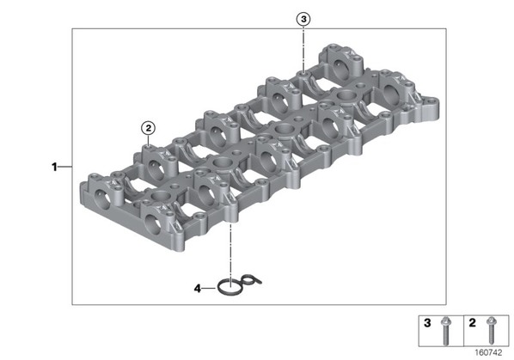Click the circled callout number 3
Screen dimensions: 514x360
(x=303, y=19)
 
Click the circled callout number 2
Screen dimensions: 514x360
(x=149, y=128)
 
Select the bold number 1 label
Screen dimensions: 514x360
(x=54, y=167)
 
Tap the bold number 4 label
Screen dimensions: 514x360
(x=198, y=289)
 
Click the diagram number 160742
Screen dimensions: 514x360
(x=488, y=352)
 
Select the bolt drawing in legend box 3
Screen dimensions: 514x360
(x=445, y=331)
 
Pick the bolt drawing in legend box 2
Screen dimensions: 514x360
(x=491, y=331)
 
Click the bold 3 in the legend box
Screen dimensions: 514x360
(x=427, y=323)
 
